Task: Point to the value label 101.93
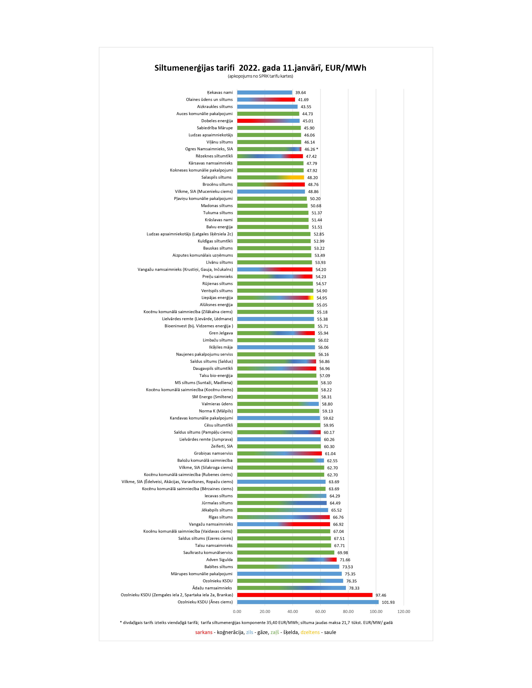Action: tap(388, 602)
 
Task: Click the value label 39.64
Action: tap(300, 93)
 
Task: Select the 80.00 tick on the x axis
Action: tap(348, 611)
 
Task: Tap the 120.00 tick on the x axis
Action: tap(403, 611)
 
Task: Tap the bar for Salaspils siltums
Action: tap(270, 177)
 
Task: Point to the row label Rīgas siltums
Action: tap(221, 517)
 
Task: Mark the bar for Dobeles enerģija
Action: tap(268, 121)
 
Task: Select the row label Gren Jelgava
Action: tap(221, 333)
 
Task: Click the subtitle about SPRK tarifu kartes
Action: tap(260, 76)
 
